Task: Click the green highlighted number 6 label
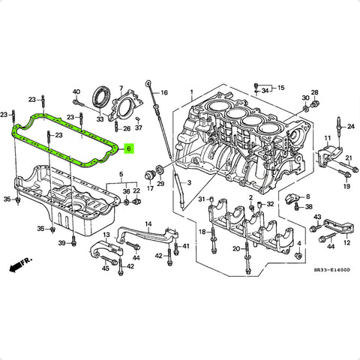coord(129,149)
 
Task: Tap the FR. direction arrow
coord(16,268)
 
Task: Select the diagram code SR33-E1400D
coord(332,270)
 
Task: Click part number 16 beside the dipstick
coord(164,93)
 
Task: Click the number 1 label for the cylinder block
coord(191,92)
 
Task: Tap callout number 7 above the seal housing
coord(121,88)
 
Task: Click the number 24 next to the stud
coord(351,127)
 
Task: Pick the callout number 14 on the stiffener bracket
coord(148,223)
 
